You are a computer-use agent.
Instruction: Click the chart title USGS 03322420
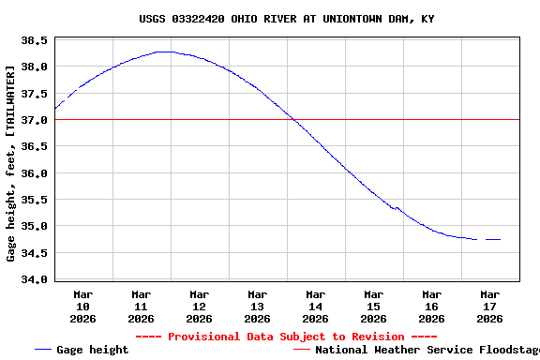click(x=286, y=19)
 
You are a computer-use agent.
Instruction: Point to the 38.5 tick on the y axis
click(x=35, y=40)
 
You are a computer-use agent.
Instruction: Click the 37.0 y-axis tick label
click(x=35, y=120)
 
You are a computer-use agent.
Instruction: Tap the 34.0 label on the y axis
click(x=35, y=279)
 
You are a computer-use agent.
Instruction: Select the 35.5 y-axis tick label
click(x=35, y=200)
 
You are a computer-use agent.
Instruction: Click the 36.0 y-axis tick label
click(x=35, y=173)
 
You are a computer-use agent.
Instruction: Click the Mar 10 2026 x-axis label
click(x=82, y=306)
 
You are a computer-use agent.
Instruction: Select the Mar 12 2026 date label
click(x=199, y=306)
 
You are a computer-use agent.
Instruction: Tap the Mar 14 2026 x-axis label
click(x=315, y=306)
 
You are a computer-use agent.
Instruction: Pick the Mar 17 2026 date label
click(x=489, y=306)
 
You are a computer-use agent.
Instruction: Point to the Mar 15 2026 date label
click(x=373, y=306)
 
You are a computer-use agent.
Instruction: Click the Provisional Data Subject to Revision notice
click(x=286, y=337)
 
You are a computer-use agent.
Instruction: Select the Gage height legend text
click(x=93, y=350)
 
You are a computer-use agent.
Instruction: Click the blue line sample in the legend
click(x=42, y=350)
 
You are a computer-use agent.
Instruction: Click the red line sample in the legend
click(x=301, y=350)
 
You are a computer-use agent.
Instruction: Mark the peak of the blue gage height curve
click(x=164, y=52)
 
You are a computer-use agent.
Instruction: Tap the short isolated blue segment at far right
click(x=493, y=239)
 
